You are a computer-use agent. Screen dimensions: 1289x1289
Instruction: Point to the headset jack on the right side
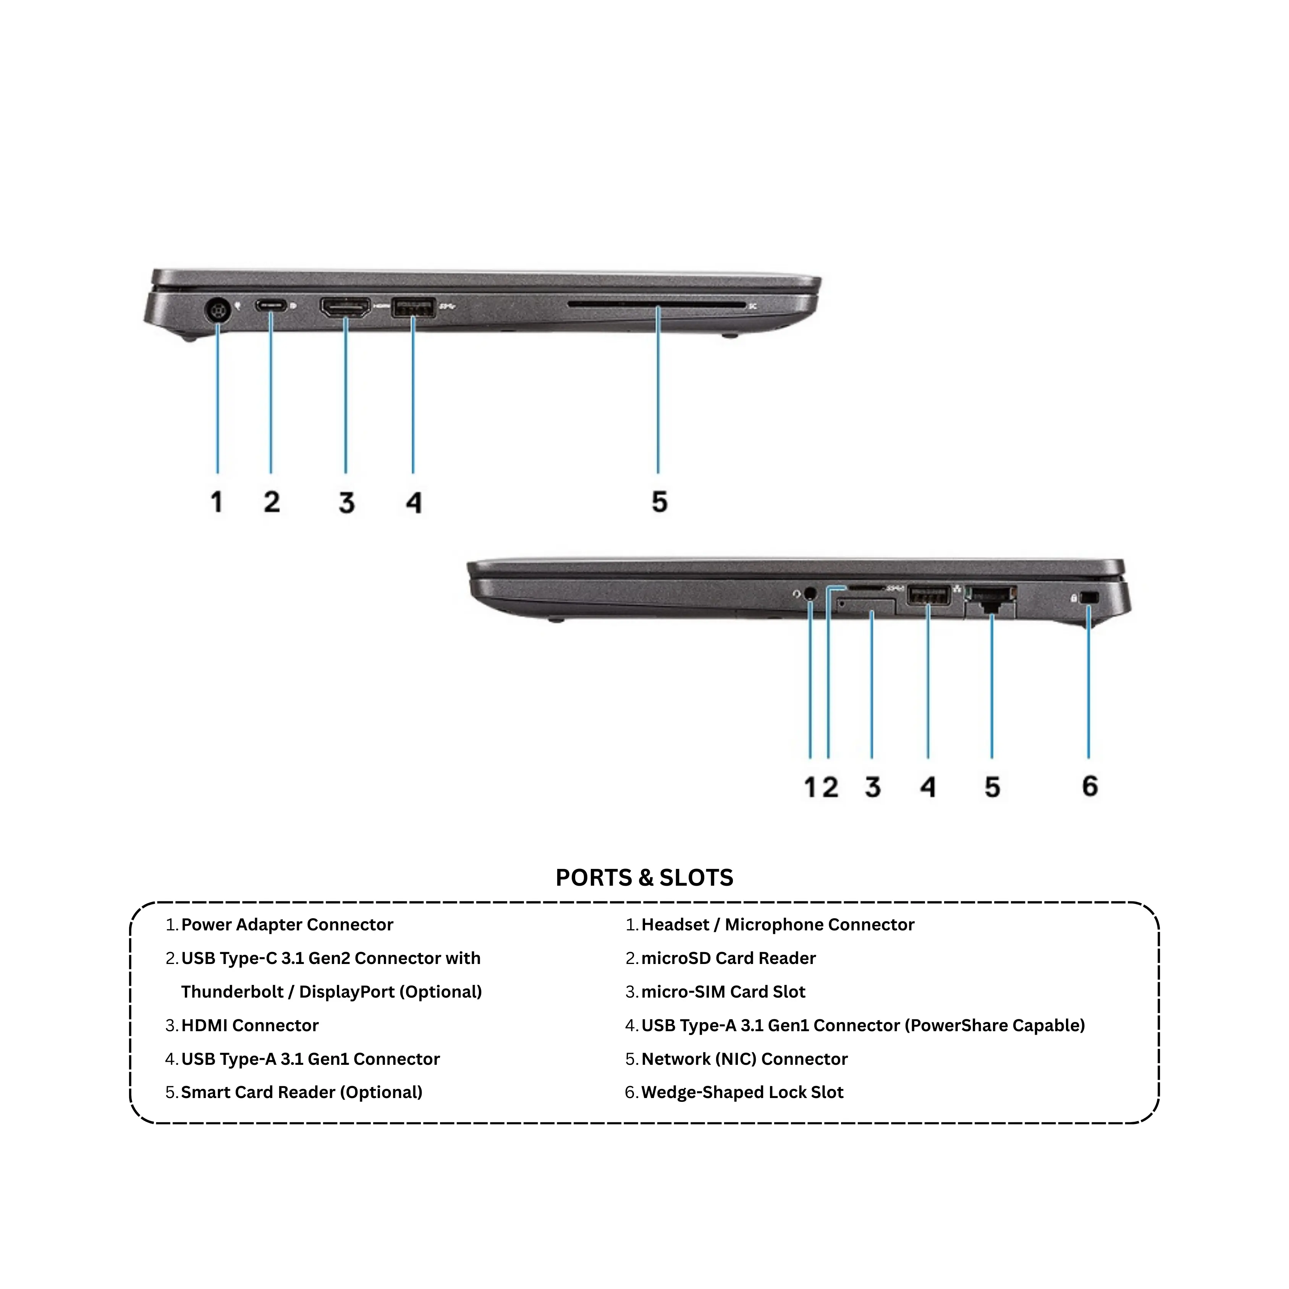[x=810, y=592]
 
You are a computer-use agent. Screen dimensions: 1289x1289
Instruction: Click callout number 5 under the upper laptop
[x=659, y=502]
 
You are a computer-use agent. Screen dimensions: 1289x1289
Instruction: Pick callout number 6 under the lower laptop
[x=1090, y=786]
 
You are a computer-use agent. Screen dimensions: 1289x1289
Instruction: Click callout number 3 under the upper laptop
[x=346, y=502]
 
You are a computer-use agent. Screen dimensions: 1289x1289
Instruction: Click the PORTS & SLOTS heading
[x=645, y=877]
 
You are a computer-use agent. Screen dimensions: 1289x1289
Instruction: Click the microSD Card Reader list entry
[x=729, y=958]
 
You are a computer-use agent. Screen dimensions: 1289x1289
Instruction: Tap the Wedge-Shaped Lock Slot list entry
[x=742, y=1092]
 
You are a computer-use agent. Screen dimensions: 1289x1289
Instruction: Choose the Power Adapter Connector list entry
[x=287, y=925]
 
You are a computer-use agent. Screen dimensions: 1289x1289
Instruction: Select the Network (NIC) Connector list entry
[x=745, y=1059]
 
